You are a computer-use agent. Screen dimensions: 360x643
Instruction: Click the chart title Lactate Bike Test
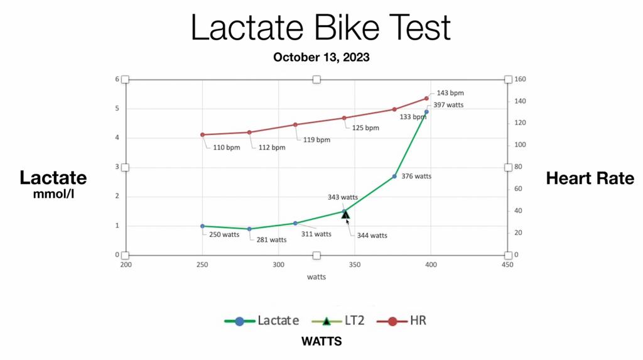point(321,28)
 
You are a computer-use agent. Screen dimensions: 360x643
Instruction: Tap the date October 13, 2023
point(321,57)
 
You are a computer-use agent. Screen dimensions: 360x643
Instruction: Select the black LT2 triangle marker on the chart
point(345,215)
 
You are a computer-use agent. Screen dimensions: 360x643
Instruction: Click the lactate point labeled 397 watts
point(426,112)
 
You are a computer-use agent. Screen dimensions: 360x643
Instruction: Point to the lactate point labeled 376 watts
point(394,177)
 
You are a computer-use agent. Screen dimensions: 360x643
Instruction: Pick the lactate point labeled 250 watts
point(202,226)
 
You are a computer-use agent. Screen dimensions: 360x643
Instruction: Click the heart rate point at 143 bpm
point(426,99)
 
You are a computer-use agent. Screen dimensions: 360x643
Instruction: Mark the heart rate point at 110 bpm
point(202,134)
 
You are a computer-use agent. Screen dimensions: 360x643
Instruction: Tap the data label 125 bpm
point(365,128)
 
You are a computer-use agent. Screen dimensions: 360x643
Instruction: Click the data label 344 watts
point(372,236)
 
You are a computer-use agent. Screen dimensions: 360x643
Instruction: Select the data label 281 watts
point(271,239)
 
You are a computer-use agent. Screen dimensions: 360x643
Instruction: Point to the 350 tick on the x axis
point(355,265)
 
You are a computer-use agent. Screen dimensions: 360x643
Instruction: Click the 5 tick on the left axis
point(116,109)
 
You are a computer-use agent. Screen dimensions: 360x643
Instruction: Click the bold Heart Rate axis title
point(590,178)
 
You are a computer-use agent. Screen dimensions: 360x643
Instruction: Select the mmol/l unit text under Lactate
point(53,195)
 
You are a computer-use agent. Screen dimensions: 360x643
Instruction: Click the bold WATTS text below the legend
point(321,342)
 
